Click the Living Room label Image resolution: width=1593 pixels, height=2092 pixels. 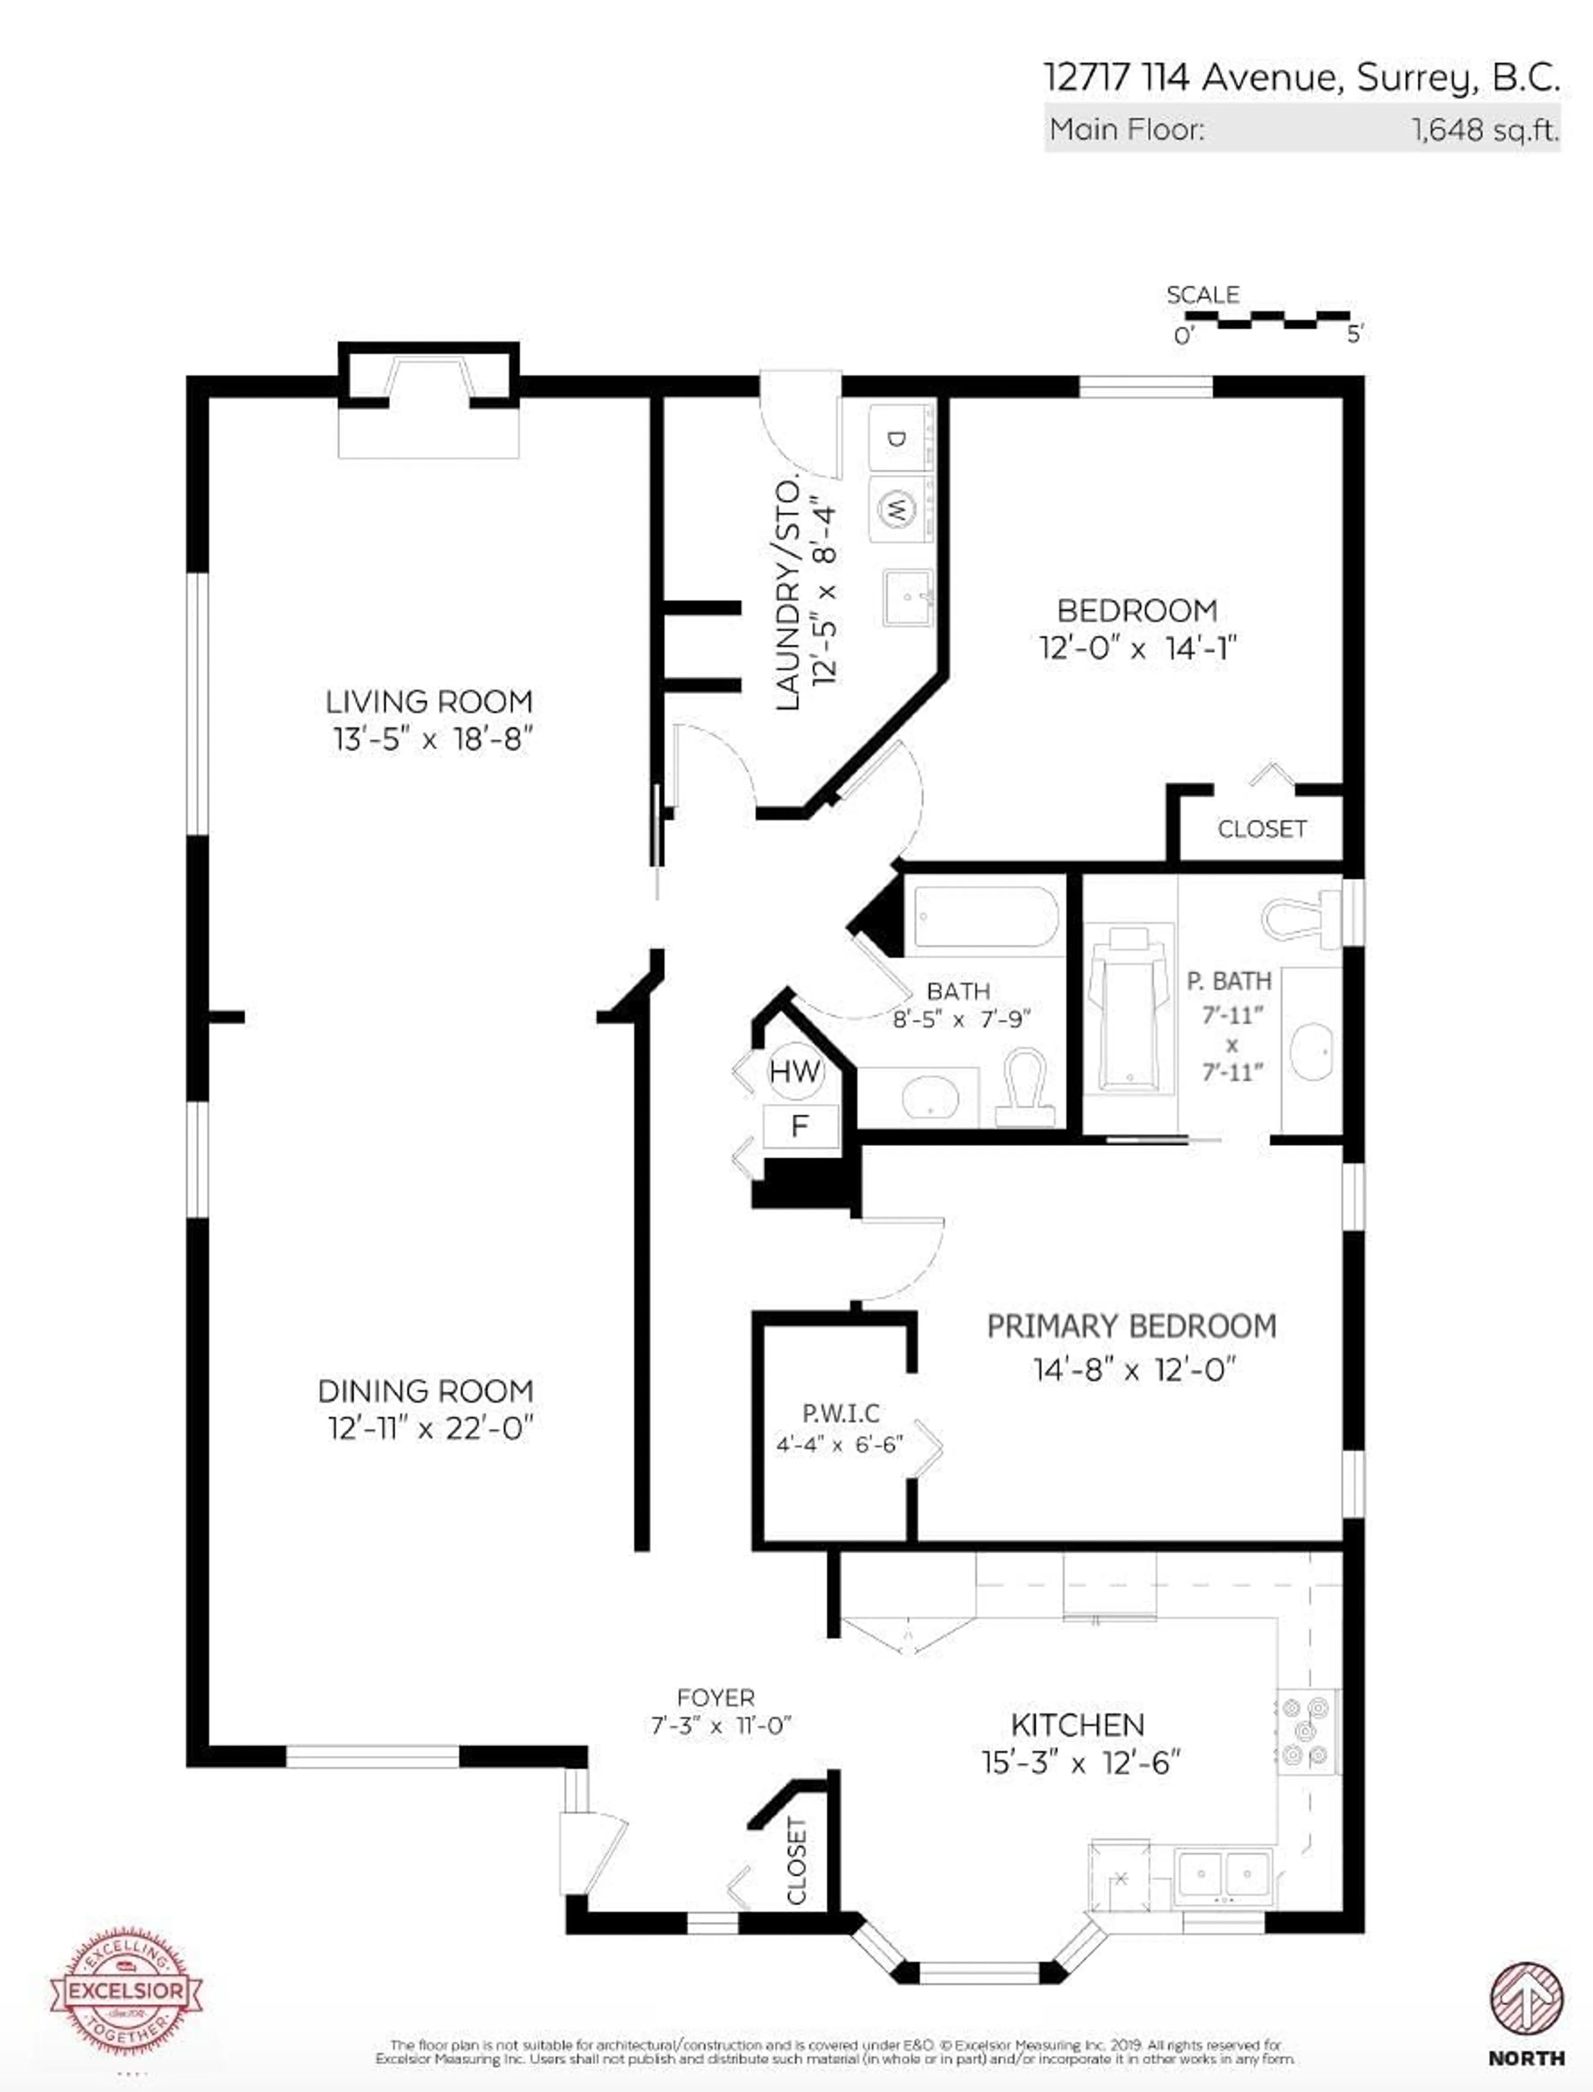(x=429, y=702)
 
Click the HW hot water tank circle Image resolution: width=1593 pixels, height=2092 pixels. (x=794, y=1072)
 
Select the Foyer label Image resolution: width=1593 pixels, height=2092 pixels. (x=716, y=1697)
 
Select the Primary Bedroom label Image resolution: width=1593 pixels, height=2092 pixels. (x=1131, y=1326)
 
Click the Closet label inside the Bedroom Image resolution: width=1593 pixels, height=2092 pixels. (x=1261, y=829)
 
